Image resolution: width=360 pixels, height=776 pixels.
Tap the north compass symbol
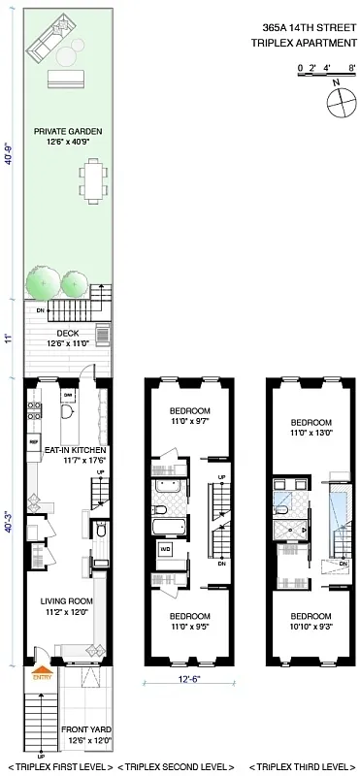tap(335, 100)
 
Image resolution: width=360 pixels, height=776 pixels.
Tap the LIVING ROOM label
tap(66, 602)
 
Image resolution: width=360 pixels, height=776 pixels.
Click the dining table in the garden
tap(94, 181)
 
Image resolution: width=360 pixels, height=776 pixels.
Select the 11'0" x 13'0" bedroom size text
tap(311, 434)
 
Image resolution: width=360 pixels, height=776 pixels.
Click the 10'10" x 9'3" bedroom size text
tap(311, 628)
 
